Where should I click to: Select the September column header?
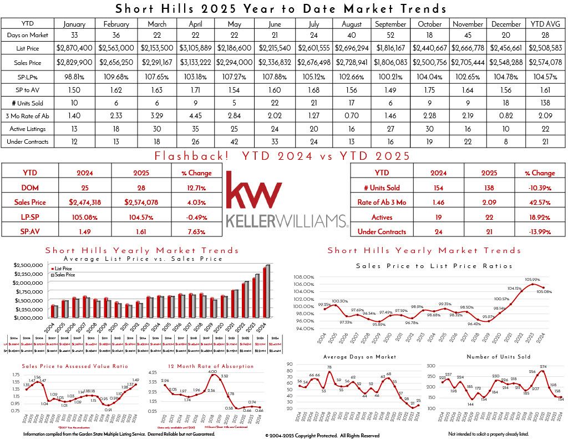pyautogui.click(x=390, y=24)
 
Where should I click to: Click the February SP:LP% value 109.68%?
pyautogui.click(x=115, y=75)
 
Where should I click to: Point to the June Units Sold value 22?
pyautogui.click(x=274, y=103)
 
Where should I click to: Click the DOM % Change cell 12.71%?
pyautogui.click(x=192, y=188)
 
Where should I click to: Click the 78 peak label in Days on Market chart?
pyautogui.click(x=329, y=367)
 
